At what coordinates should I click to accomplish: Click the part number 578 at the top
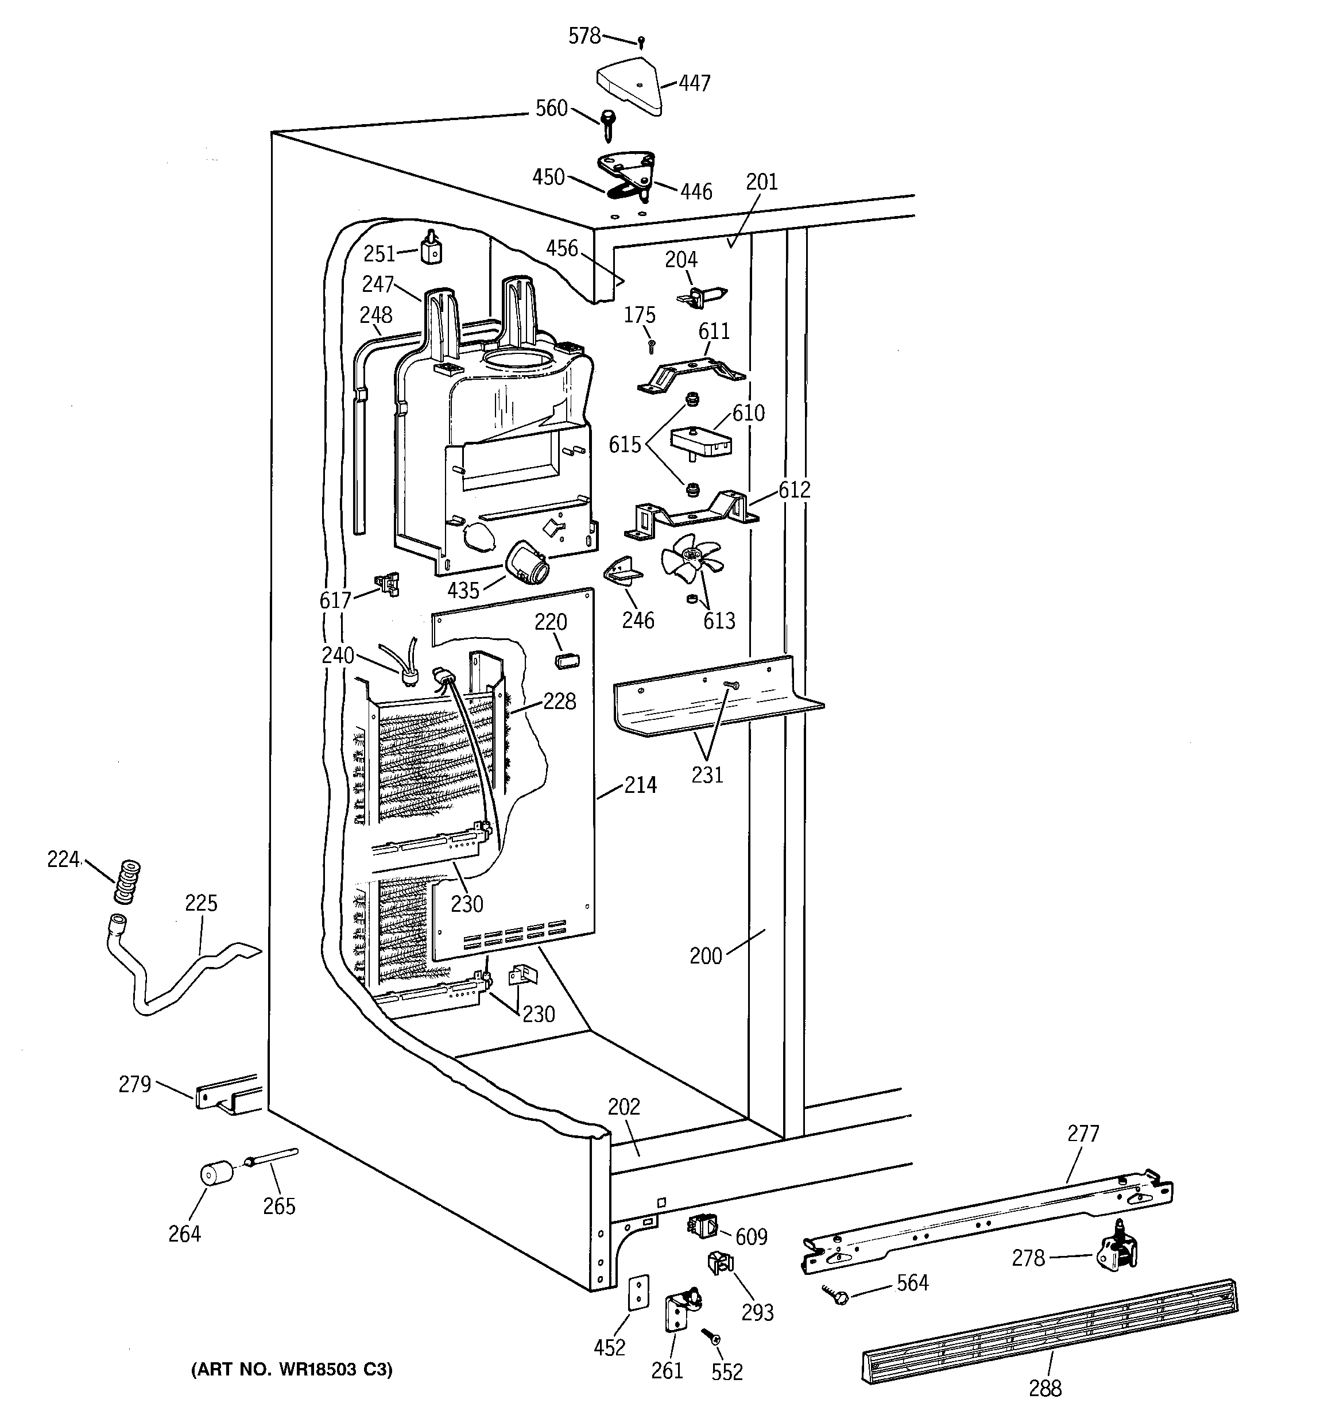[584, 36]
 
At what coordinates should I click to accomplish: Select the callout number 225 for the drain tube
[201, 903]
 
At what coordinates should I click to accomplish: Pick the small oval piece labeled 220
[566, 660]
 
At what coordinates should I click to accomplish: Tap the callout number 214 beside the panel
[640, 785]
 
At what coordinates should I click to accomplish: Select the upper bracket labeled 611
[690, 376]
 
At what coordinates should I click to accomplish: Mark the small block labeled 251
[431, 251]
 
